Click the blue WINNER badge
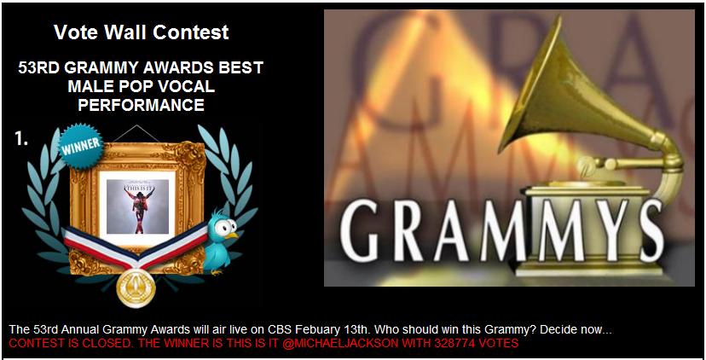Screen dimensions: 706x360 [x=82, y=146]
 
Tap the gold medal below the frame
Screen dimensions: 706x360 [x=136, y=287]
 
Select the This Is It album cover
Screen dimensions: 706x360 [x=137, y=206]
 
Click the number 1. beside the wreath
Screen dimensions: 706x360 [x=21, y=139]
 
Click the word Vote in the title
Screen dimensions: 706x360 [x=77, y=32]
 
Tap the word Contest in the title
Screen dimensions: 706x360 [x=191, y=32]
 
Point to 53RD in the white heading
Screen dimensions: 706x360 [x=39, y=68]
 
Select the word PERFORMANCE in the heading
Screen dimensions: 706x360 [x=141, y=105]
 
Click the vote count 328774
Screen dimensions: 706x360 [x=458, y=343]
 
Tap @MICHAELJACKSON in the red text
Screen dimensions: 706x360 [x=341, y=343]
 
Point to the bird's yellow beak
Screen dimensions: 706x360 [x=232, y=235]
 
